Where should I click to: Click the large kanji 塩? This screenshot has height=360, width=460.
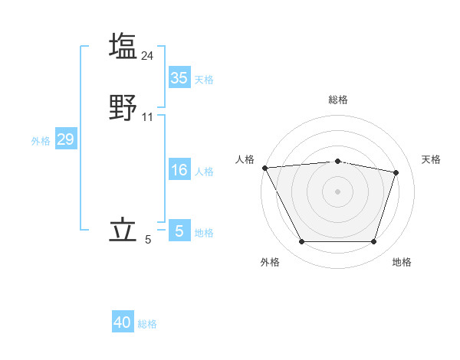click(x=123, y=47)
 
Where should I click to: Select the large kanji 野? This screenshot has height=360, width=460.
click(x=123, y=108)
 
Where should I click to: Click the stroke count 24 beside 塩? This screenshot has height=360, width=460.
click(x=148, y=55)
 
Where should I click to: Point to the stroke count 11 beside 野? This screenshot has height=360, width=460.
click(x=148, y=117)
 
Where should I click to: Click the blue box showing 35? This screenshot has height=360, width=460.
click(x=179, y=78)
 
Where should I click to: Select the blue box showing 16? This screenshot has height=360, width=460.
click(x=179, y=170)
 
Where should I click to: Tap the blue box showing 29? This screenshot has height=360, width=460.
click(x=65, y=139)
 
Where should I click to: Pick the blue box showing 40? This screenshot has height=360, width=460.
click(x=123, y=323)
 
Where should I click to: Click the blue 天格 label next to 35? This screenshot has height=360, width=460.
click(x=204, y=80)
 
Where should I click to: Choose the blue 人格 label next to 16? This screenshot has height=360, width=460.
click(x=204, y=172)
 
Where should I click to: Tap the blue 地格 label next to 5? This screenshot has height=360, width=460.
click(x=204, y=233)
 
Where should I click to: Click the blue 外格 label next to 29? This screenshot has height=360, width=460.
click(x=41, y=141)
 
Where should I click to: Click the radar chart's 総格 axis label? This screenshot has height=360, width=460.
click(x=337, y=100)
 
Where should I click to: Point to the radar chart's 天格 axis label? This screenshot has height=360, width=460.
click(x=431, y=159)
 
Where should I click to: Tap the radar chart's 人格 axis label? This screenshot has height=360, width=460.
click(x=245, y=159)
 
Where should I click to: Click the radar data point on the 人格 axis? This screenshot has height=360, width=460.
click(x=264, y=168)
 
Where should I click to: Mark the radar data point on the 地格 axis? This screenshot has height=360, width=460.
click(x=373, y=242)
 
